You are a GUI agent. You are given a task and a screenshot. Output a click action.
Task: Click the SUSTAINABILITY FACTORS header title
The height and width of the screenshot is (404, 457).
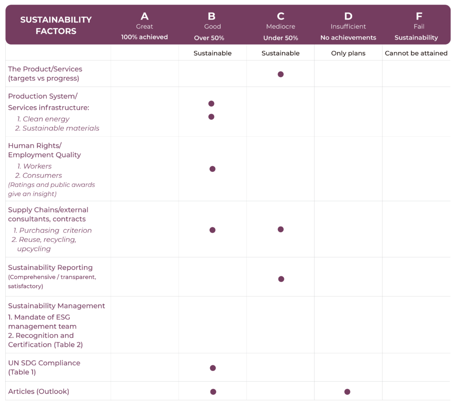click(x=56, y=25)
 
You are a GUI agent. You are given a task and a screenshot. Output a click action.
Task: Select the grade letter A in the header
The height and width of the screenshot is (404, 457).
click(x=145, y=17)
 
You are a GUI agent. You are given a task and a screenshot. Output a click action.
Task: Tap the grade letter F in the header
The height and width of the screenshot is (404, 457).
click(x=419, y=17)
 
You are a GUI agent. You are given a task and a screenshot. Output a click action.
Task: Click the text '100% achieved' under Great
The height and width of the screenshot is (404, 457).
click(x=145, y=37)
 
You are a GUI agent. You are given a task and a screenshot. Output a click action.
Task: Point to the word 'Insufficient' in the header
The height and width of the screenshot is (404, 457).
click(x=348, y=27)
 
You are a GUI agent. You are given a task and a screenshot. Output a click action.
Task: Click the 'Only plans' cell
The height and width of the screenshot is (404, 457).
click(x=348, y=53)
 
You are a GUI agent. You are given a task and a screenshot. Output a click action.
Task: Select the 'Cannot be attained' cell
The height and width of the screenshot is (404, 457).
click(x=416, y=53)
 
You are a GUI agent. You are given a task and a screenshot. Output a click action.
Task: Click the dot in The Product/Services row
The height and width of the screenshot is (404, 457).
click(x=281, y=74)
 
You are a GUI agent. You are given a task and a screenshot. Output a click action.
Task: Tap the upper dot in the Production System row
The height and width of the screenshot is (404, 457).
click(x=212, y=104)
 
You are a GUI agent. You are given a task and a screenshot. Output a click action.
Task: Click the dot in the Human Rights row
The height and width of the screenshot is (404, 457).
click(x=212, y=169)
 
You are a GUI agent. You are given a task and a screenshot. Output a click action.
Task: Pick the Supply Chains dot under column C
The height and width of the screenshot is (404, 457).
click(x=281, y=229)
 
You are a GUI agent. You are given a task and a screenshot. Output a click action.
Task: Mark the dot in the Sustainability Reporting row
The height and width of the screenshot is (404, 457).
click(x=281, y=279)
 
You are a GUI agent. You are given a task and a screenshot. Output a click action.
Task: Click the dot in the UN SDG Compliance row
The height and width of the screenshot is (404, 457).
click(x=213, y=368)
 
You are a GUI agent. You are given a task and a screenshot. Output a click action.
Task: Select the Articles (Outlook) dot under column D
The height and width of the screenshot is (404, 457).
click(x=347, y=392)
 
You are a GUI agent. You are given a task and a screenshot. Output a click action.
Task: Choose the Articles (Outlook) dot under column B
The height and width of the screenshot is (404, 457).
click(x=213, y=392)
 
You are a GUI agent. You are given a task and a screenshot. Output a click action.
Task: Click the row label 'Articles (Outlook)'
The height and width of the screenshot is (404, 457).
click(x=39, y=392)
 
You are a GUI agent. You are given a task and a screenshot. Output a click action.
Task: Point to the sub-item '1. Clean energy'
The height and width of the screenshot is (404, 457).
click(x=43, y=119)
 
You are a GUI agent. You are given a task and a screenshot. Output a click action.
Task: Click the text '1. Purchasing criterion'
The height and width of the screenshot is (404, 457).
click(x=53, y=230)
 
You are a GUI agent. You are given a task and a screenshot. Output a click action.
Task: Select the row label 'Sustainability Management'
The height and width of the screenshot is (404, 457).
click(x=57, y=306)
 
